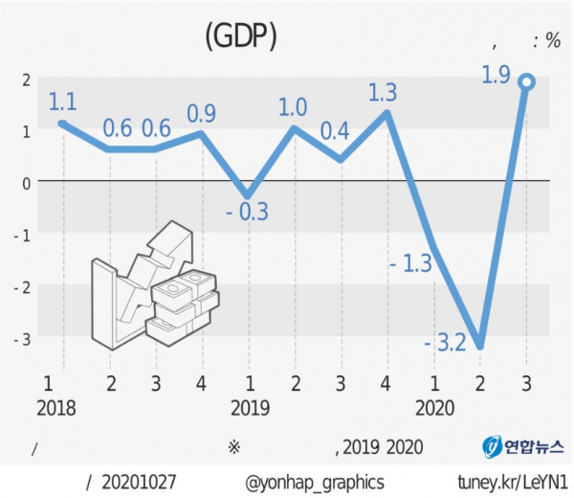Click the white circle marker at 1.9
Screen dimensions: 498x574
click(526, 82)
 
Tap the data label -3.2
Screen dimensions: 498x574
click(444, 342)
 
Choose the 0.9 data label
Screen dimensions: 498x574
click(201, 113)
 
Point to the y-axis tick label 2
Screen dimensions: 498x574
click(26, 79)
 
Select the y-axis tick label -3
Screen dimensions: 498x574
click(24, 337)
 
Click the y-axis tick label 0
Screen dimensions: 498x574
click(26, 182)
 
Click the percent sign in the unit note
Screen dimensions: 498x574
click(552, 40)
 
